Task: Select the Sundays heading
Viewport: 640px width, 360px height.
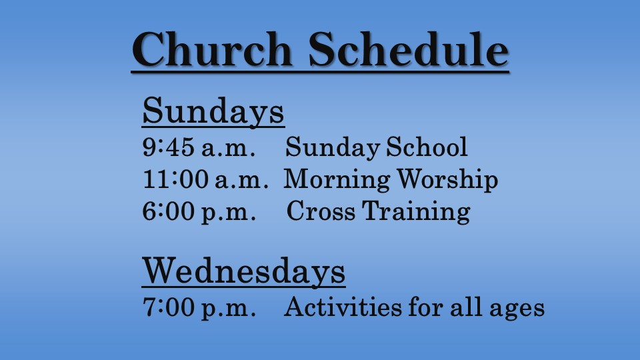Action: point(213,112)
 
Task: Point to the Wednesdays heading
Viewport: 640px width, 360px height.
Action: point(244,271)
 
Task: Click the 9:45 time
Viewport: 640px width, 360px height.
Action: point(168,147)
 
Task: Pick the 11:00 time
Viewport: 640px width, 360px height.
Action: point(175,179)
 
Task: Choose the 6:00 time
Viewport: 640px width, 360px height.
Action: point(168,211)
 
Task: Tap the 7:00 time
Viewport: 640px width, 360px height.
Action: point(168,307)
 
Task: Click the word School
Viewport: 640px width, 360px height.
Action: point(427,147)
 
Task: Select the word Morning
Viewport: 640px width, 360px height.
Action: point(337,181)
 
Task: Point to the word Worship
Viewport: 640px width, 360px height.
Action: point(448,179)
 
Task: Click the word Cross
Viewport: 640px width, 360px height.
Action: point(321,211)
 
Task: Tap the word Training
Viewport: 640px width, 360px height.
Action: point(417,212)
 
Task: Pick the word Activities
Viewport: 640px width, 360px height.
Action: point(343,307)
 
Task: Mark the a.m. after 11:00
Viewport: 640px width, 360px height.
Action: point(241,181)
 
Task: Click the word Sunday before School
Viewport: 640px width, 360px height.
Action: point(333,148)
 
